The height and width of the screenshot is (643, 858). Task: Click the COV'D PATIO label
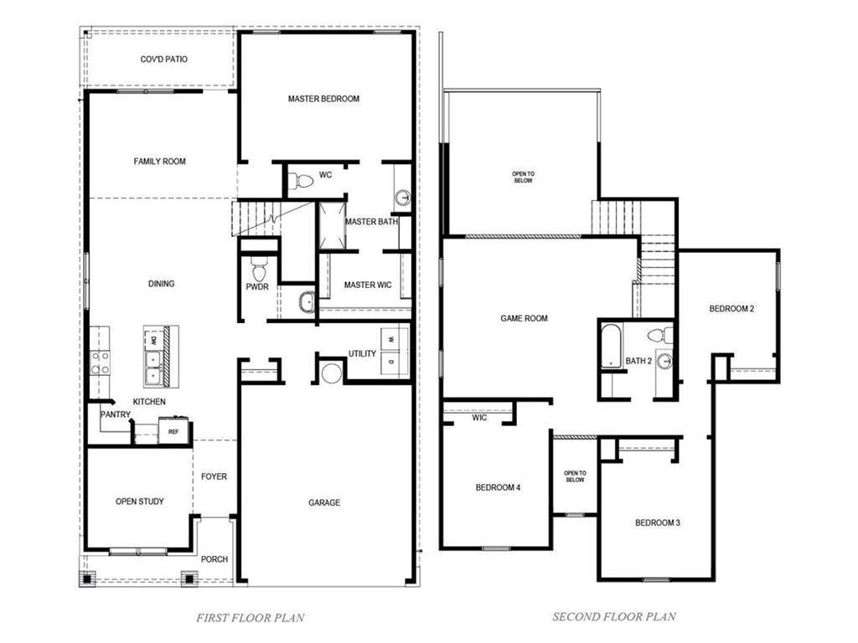point(163,59)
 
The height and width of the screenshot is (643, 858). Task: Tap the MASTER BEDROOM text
point(323,99)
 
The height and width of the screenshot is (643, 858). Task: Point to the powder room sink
point(307,301)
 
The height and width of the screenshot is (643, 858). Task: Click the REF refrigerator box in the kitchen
point(173,431)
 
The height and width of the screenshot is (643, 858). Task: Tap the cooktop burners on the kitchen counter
point(101,363)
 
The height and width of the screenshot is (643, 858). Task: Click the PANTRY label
point(115,414)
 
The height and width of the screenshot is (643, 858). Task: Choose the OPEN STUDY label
point(140,502)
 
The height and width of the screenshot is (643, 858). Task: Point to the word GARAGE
point(324,502)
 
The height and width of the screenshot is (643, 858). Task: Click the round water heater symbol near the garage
point(332,373)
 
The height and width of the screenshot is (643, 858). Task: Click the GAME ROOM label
point(524,318)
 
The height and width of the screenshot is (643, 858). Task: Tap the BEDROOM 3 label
point(657,522)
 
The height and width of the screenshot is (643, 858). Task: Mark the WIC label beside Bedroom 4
point(479,417)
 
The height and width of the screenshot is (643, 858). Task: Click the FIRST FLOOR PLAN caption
point(250,618)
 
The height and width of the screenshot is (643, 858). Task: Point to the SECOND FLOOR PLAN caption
point(613,617)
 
